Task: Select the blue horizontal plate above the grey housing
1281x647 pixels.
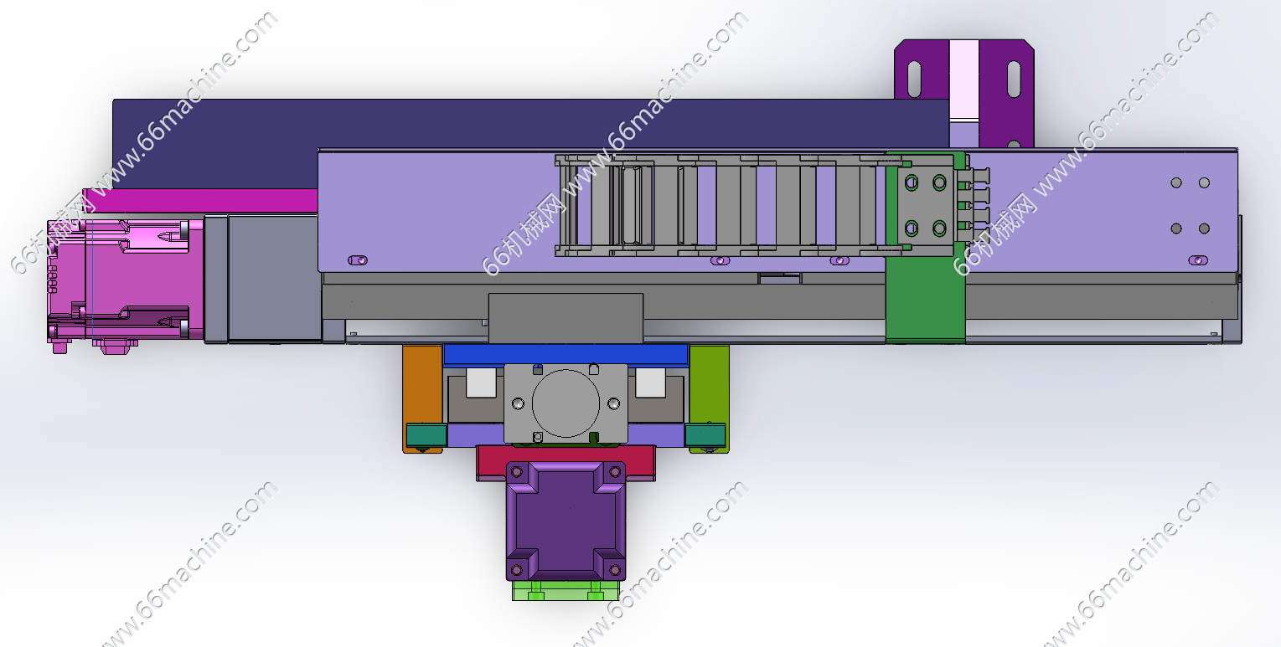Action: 566,354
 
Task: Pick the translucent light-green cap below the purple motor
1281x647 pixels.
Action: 565,590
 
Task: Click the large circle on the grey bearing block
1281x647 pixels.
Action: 566,403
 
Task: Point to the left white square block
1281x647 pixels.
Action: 481,383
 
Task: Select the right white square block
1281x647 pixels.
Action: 650,383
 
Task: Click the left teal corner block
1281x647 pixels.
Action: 426,435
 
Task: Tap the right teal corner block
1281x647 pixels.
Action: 705,435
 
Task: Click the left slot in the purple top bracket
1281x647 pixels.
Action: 914,80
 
